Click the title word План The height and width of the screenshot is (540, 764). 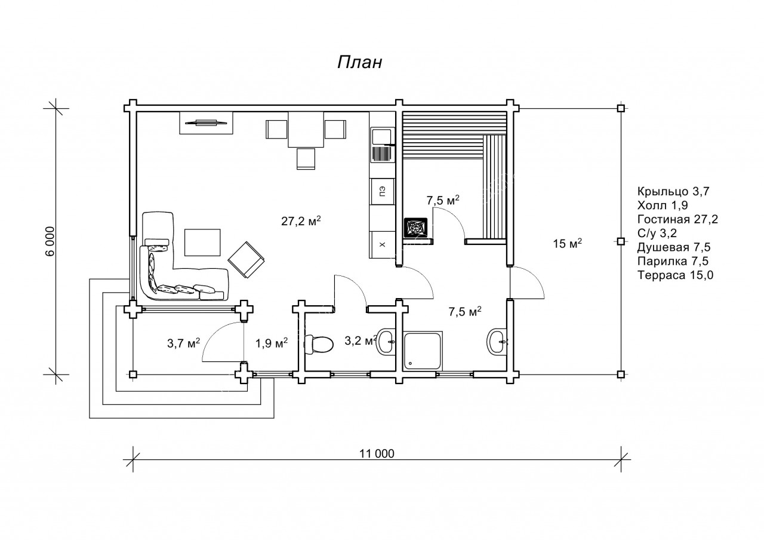pyautogui.click(x=360, y=63)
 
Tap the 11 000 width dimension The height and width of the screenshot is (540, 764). pyautogui.click(x=377, y=453)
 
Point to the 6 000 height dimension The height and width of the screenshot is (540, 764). pyautogui.click(x=50, y=241)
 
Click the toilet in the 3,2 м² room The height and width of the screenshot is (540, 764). pyautogui.click(x=319, y=345)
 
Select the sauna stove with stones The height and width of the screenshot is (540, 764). pyautogui.click(x=415, y=227)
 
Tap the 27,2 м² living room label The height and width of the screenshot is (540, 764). pyautogui.click(x=301, y=221)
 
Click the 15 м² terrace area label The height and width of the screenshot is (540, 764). pyautogui.click(x=567, y=243)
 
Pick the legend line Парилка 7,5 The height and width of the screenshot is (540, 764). pyautogui.click(x=673, y=261)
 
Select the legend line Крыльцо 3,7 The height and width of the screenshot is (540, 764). pyautogui.click(x=673, y=191)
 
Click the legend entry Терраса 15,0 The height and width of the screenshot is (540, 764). pyautogui.click(x=675, y=275)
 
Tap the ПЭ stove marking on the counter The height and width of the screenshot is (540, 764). pyautogui.click(x=383, y=192)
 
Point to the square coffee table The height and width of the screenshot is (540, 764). pyautogui.click(x=202, y=243)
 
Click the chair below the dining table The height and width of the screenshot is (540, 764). pyautogui.click(x=306, y=159)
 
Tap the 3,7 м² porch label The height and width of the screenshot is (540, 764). pyautogui.click(x=183, y=343)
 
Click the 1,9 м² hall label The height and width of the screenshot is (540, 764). pyautogui.click(x=272, y=343)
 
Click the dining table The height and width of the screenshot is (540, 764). pyautogui.click(x=306, y=130)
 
